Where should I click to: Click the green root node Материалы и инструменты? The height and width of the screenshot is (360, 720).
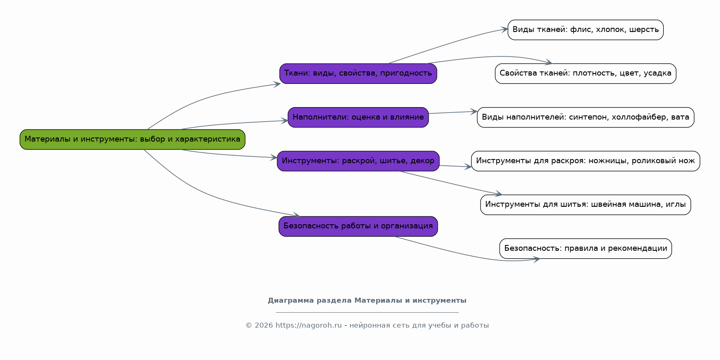pos(132,140)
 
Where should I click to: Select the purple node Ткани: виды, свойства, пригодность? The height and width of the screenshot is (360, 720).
pos(358,73)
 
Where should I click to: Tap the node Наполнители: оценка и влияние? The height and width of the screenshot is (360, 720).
pos(358,118)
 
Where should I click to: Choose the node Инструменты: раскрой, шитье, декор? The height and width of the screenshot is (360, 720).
pos(358,161)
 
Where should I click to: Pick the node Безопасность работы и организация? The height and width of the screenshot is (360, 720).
pos(358,226)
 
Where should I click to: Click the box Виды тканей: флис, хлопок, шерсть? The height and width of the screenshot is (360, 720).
pos(585,30)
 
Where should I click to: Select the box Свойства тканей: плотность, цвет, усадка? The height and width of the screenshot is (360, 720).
pos(585,73)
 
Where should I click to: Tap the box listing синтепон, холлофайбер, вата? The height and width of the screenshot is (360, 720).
pos(585,118)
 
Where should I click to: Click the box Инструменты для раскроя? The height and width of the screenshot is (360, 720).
pos(585,161)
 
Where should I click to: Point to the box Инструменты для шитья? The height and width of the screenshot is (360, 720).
pos(585,205)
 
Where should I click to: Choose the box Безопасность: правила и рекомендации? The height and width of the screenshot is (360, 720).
pos(585,249)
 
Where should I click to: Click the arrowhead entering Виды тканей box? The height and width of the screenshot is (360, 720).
pos(505,29)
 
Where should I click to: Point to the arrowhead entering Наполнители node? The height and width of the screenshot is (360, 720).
pos(285,121)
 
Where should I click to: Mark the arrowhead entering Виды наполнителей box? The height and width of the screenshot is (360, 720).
pos(474,111)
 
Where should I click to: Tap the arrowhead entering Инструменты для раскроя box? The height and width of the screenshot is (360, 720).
pos(469,167)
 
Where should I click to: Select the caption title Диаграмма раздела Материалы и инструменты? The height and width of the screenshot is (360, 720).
pos(367,301)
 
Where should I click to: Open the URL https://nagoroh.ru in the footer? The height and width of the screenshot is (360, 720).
pos(308,326)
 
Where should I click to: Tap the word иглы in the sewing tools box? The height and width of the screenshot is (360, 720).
pos(676,205)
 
